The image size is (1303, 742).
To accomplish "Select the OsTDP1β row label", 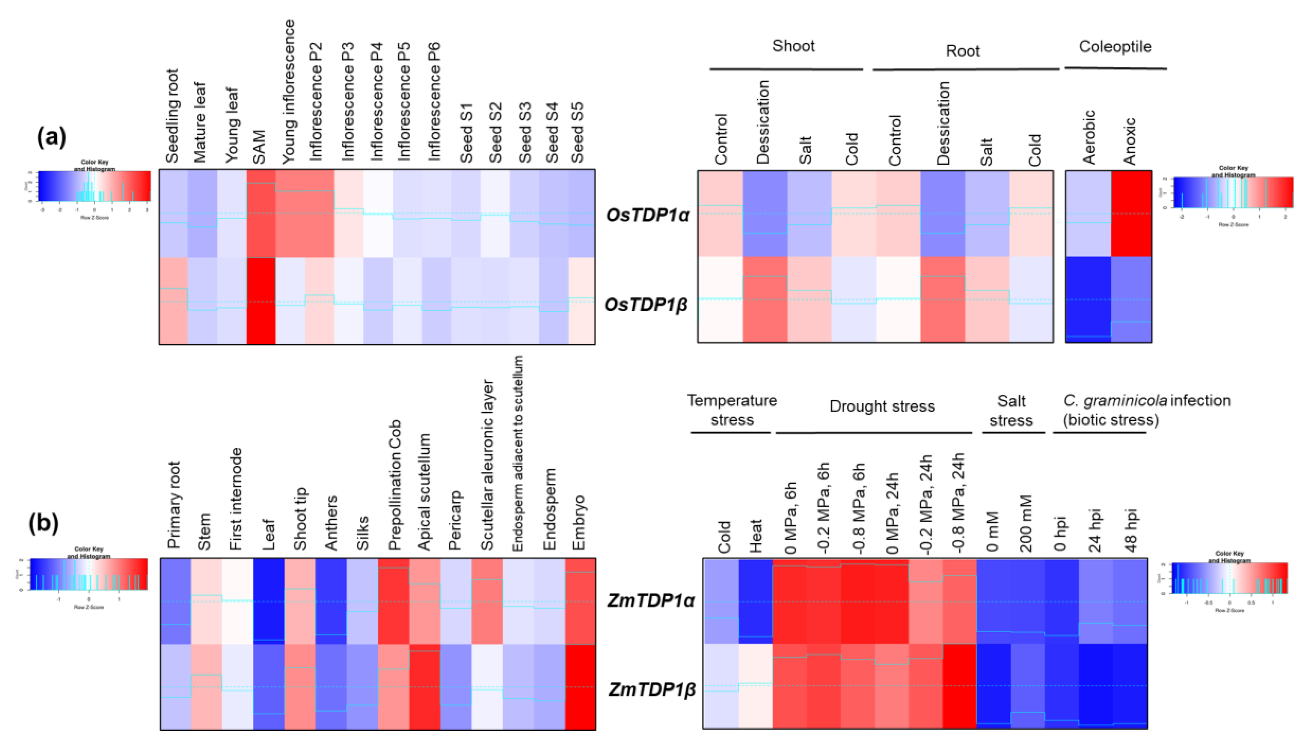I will (646, 305).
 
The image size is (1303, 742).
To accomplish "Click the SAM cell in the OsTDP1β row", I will (261, 301).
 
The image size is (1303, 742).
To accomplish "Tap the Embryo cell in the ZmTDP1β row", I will (580, 687).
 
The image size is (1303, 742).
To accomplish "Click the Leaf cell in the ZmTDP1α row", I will (269, 601).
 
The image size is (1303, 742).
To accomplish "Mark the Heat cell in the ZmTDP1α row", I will (756, 601).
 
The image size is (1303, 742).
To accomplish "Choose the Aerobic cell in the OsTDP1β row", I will (1088, 299).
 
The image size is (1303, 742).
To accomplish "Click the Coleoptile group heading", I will (1115, 47).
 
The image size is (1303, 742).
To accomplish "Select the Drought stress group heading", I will (882, 407).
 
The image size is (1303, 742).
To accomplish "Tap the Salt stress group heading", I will (1011, 411).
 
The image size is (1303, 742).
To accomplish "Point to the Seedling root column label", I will (172, 116).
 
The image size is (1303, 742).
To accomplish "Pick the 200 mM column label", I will (1026, 523).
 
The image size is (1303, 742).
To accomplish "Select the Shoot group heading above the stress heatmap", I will (794, 46).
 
